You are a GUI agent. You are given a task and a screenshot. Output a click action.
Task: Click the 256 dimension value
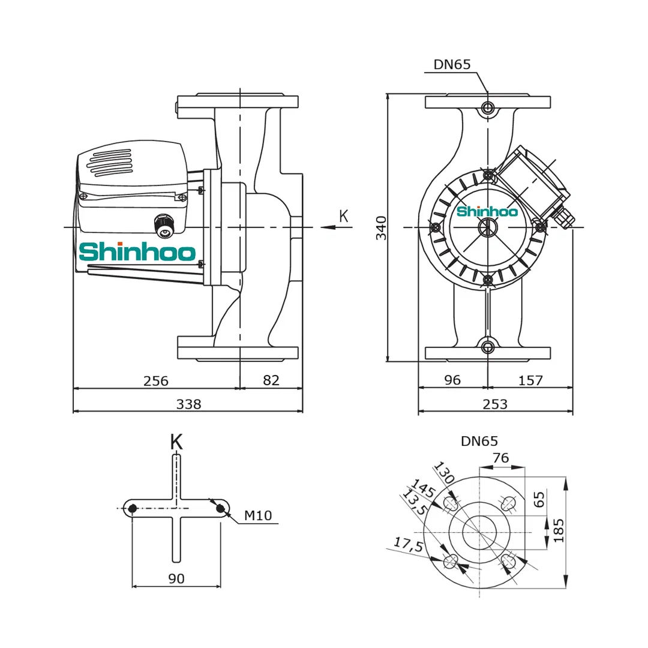click(x=156, y=380)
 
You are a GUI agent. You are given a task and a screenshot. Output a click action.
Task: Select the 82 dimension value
click(x=271, y=380)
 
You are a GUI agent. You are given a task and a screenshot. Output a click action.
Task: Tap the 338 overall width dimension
click(x=188, y=404)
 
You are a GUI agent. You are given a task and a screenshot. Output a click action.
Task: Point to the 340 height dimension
click(x=381, y=227)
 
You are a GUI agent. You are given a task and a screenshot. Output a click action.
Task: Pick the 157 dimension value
click(x=530, y=380)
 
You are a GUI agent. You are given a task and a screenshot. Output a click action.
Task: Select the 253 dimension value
click(x=495, y=404)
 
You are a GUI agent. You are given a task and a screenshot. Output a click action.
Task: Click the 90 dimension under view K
click(x=176, y=578)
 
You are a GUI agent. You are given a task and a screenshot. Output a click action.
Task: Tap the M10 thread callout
click(x=258, y=515)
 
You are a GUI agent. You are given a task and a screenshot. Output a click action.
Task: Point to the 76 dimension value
click(x=500, y=458)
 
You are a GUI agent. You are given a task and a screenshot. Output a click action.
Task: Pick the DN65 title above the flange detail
click(x=479, y=442)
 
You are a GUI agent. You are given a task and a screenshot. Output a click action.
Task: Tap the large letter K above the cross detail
click(x=176, y=442)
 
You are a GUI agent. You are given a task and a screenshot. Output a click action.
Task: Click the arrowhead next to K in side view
click(x=327, y=227)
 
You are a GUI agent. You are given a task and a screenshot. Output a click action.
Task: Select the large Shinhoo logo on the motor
click(x=137, y=252)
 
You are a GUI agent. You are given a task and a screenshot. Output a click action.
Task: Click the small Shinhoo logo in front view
click(x=487, y=211)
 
